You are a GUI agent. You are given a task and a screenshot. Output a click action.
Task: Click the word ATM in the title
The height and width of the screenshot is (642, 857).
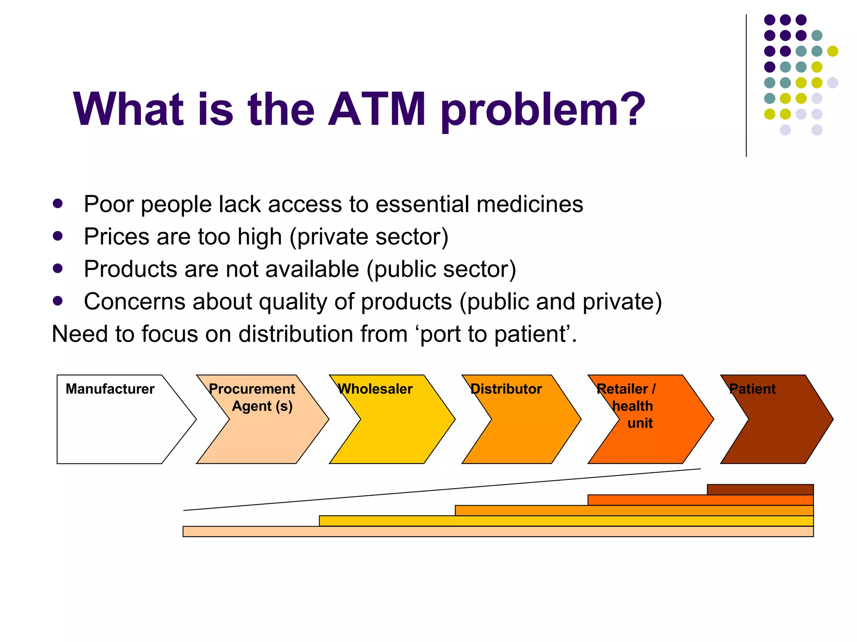pyautogui.click(x=377, y=110)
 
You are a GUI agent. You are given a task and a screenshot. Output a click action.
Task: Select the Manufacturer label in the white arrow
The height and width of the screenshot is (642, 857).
pyautogui.click(x=110, y=389)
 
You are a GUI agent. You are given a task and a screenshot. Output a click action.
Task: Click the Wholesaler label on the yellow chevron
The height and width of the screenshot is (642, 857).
pyautogui.click(x=375, y=389)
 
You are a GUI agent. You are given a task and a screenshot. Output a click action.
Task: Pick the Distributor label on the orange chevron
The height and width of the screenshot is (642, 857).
pyautogui.click(x=506, y=389)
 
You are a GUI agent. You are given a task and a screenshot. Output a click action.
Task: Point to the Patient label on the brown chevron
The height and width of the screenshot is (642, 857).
pyautogui.click(x=752, y=389)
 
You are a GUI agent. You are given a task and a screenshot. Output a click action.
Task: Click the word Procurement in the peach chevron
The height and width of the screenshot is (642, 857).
pyautogui.click(x=252, y=389)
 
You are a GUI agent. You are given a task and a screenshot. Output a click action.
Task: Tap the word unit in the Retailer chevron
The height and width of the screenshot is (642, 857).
pyautogui.click(x=640, y=423)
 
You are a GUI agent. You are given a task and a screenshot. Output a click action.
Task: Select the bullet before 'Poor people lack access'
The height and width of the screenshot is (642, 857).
pyautogui.click(x=58, y=204)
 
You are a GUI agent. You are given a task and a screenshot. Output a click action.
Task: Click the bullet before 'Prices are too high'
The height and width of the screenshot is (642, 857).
pyautogui.click(x=58, y=236)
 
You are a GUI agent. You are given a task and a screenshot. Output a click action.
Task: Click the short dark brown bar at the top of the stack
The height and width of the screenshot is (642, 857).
pyautogui.click(x=760, y=489)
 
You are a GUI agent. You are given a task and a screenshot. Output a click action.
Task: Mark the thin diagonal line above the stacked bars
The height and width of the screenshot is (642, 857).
pyautogui.click(x=442, y=489)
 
